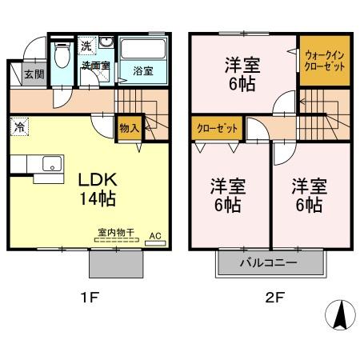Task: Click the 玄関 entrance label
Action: pyautogui.click(x=33, y=75)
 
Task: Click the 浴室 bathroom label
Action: pyautogui.click(x=143, y=70)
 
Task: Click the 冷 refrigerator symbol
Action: pyautogui.click(x=18, y=126)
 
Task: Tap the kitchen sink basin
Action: pyautogui.click(x=50, y=166)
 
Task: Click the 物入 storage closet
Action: pyautogui.click(x=130, y=127)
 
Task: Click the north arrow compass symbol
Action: pyautogui.click(x=339, y=315)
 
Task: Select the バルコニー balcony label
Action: pyautogui.click(x=267, y=262)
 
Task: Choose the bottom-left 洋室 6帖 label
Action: pyautogui.click(x=227, y=194)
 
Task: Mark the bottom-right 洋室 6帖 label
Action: pyautogui.click(x=306, y=194)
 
